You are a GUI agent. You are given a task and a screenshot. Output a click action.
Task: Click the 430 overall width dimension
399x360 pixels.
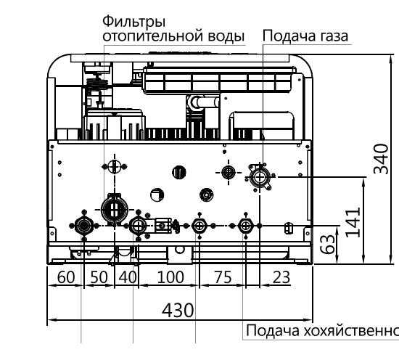(x=178, y=311)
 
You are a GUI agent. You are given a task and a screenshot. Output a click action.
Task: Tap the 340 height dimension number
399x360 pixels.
(x=381, y=159)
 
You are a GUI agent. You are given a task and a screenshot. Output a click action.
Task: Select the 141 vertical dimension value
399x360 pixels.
(x=353, y=223)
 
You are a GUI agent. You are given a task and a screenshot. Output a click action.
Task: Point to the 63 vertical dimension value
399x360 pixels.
(x=327, y=244)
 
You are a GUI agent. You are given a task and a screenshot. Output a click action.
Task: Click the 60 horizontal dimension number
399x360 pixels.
(x=66, y=277)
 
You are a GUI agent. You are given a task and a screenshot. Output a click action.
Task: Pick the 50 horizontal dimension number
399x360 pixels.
(x=99, y=277)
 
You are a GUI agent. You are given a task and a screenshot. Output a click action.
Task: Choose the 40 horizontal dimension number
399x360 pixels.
(x=128, y=277)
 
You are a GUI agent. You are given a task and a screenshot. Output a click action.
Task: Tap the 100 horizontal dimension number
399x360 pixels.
(x=170, y=277)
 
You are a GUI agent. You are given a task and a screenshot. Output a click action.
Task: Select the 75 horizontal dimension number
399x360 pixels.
(x=223, y=277)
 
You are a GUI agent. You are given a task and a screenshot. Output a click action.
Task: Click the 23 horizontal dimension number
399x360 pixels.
(x=281, y=277)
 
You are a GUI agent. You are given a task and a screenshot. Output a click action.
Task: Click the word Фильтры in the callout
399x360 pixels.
(x=134, y=22)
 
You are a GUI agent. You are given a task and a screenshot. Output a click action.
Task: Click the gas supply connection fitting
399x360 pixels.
(x=260, y=177)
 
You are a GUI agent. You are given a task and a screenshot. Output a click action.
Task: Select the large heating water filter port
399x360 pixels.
(x=114, y=209)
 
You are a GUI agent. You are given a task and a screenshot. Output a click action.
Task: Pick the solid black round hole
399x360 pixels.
(x=179, y=172)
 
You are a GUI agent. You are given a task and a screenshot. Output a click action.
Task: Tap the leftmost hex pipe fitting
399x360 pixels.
(x=83, y=225)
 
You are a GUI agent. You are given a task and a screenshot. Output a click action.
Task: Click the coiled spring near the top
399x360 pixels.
(x=97, y=83)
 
